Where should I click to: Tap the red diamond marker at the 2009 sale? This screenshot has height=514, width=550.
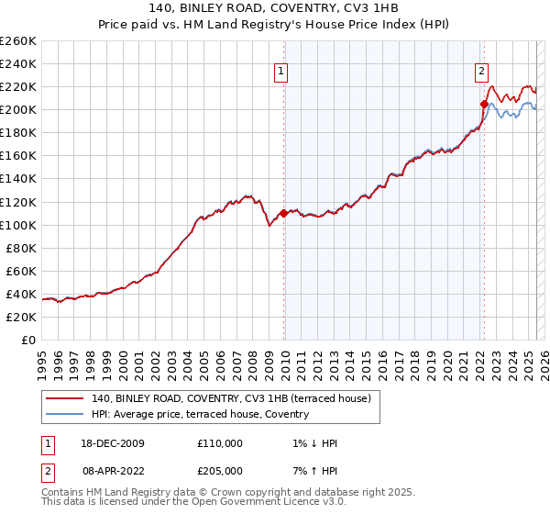tap(283, 213)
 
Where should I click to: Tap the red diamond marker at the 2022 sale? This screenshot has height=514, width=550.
tap(484, 104)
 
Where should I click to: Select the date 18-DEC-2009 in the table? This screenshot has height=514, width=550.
tap(112, 443)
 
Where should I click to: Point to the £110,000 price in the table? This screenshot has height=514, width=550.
tap(219, 443)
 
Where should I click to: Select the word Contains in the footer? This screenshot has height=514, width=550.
tap(63, 494)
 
